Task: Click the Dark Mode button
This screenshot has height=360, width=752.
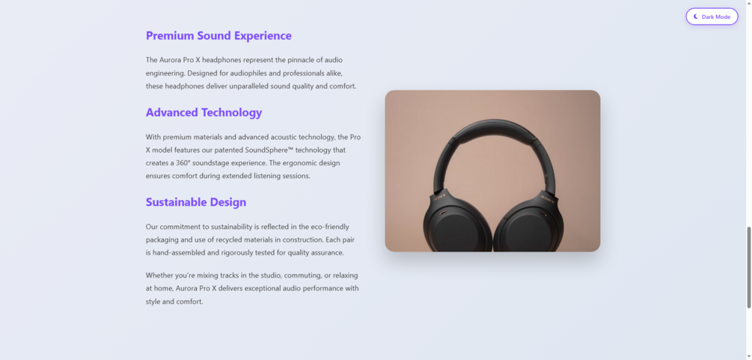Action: tap(712, 16)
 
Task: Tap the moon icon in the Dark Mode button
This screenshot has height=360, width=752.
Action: tap(696, 16)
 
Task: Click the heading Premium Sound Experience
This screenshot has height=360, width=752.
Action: tap(218, 36)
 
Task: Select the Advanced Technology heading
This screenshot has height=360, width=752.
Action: tap(204, 113)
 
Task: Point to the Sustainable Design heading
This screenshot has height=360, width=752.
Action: tap(196, 202)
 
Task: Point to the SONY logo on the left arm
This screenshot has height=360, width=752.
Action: tap(440, 197)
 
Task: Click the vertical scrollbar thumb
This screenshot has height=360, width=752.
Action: tap(749, 267)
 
